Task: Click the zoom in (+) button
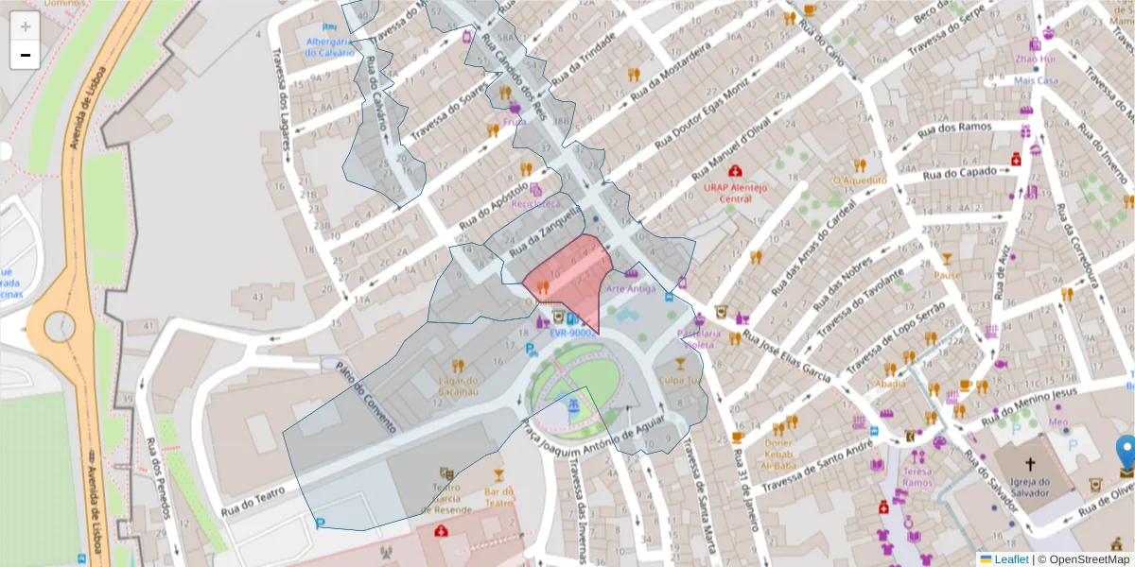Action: pos(25,26)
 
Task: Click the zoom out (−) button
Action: pos(25,55)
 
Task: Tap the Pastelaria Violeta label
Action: pos(699,339)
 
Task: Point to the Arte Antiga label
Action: pos(631,288)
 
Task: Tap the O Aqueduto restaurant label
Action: pos(859,180)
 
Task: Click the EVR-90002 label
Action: pos(571,333)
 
